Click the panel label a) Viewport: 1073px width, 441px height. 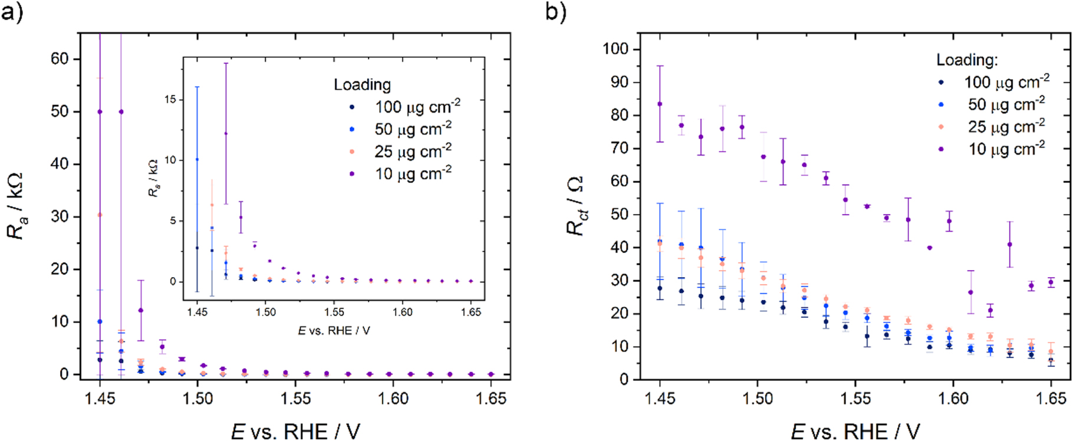12,11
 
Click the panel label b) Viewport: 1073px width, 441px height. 555,11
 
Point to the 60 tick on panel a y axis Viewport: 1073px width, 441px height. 60,59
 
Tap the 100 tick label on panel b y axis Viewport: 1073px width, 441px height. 616,49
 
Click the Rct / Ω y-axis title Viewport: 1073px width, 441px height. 576,206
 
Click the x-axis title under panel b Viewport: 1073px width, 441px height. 855,431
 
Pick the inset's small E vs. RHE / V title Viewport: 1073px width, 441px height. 334,331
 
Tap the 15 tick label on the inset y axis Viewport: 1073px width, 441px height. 170,100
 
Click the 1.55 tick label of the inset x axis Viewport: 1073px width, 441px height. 334,312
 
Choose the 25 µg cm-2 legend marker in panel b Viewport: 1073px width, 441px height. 942,127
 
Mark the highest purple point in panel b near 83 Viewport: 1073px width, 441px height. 660,104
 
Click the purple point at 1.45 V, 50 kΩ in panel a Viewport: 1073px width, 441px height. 100,111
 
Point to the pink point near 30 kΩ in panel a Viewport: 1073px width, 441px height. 100,215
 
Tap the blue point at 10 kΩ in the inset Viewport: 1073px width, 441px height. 197,159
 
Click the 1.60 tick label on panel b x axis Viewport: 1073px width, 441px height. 953,399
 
